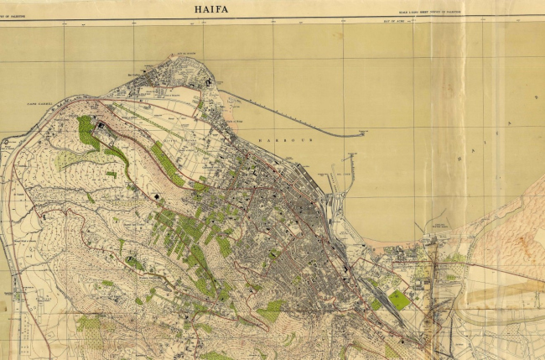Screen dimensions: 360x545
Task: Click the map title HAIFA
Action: click(211, 9)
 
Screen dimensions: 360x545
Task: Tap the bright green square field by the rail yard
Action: click(399, 300)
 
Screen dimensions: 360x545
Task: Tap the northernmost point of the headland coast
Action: click(180, 57)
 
